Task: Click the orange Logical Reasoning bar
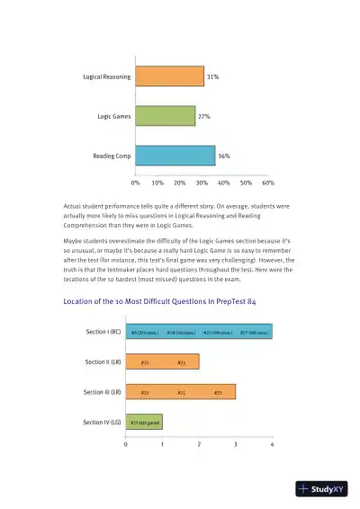[169, 77]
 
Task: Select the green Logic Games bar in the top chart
[165, 116]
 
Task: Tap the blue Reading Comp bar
[175, 156]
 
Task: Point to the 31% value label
[213, 77]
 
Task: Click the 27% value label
[204, 116]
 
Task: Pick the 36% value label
[224, 156]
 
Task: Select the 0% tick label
[135, 182]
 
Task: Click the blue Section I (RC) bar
[199, 333]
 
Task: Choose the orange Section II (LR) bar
[162, 362]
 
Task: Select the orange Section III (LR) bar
[180, 392]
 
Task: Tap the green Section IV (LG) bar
[144, 422]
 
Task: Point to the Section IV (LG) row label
[102, 422]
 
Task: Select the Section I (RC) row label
[103, 333]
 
